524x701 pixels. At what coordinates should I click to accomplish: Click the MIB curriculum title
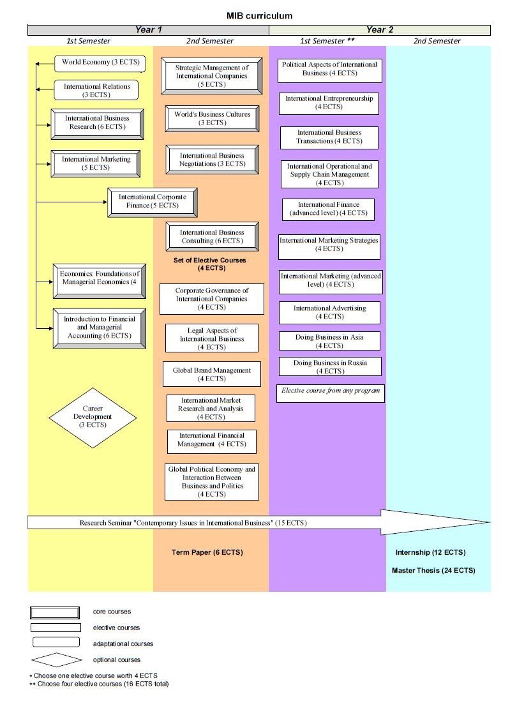[259, 16]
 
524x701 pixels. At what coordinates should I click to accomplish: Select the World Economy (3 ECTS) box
[100, 63]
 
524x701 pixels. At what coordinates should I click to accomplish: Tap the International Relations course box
[96, 91]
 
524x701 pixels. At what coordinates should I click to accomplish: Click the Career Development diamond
[93, 417]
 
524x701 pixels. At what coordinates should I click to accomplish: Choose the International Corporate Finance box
[153, 202]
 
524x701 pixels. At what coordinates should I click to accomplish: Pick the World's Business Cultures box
[212, 119]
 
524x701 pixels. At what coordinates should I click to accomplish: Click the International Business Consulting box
[212, 237]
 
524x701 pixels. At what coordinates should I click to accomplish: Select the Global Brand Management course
[212, 375]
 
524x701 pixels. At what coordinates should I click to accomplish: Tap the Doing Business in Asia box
[329, 341]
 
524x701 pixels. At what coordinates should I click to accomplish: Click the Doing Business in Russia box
[330, 367]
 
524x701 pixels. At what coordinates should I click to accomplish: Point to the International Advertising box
[329, 312]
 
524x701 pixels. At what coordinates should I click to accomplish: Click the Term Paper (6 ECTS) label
[207, 552]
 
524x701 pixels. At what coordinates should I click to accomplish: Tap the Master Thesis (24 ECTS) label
[433, 571]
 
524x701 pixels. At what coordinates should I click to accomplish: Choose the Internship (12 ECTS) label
[430, 552]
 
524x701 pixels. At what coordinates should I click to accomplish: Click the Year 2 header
[380, 30]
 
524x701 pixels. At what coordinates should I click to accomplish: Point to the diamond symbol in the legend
[56, 660]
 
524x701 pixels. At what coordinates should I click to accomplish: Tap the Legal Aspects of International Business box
[212, 339]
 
